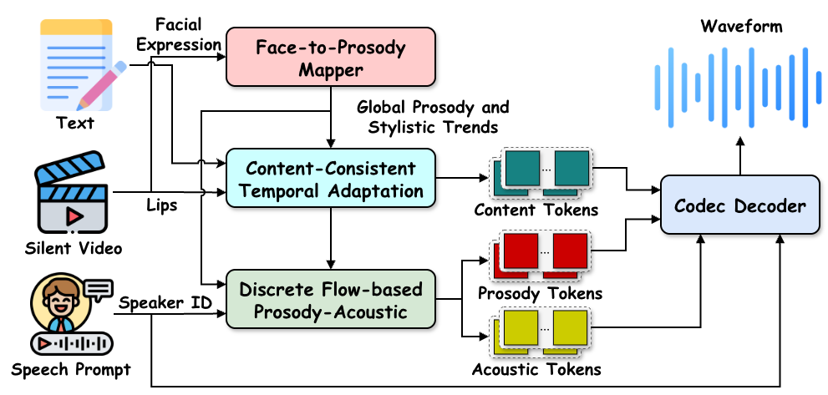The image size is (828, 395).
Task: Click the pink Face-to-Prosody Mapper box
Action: [x=330, y=57]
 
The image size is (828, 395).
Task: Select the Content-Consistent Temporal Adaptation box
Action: [x=330, y=178]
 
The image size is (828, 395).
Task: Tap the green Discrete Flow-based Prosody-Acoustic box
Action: [x=330, y=299]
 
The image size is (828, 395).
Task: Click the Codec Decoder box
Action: [x=739, y=205]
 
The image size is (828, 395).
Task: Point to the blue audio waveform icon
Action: [x=736, y=87]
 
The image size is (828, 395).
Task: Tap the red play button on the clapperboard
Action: [x=74, y=215]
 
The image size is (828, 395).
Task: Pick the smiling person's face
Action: [x=59, y=301]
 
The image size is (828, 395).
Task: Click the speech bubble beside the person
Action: [x=98, y=290]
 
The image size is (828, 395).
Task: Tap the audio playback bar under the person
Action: [x=72, y=343]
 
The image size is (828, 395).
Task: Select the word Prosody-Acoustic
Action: [x=330, y=311]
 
